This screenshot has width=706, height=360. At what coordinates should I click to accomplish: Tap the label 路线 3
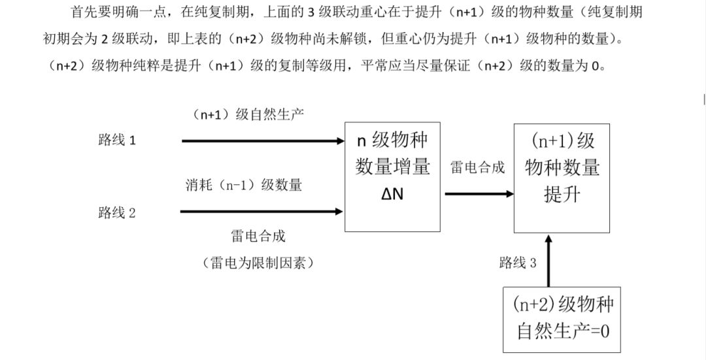(x=518, y=263)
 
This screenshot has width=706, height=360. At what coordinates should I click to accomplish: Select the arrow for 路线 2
(x=261, y=211)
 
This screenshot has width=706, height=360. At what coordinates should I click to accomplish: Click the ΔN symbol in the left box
(x=392, y=194)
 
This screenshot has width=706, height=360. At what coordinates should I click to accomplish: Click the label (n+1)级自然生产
(x=248, y=114)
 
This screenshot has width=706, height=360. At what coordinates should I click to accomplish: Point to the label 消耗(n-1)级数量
(x=244, y=185)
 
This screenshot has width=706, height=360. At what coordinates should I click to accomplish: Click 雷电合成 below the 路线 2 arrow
(x=258, y=235)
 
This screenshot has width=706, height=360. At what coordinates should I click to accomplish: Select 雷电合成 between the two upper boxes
(x=478, y=167)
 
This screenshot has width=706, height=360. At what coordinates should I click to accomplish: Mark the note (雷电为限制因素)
(x=258, y=263)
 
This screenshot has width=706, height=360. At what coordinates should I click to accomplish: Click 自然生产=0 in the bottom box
(x=563, y=331)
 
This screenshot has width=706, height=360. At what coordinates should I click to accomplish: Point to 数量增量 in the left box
(x=392, y=167)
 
